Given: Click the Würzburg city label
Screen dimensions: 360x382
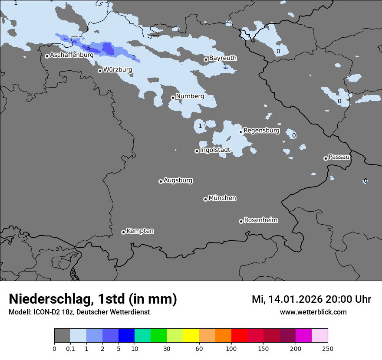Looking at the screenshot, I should click(117, 69).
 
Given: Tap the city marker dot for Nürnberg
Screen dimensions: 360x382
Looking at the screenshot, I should click(173, 98).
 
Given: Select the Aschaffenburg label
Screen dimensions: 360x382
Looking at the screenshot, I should click(72, 55).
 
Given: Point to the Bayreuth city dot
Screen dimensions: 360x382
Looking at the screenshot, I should click(206, 59).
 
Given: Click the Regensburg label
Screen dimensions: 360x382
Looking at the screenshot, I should click(261, 130).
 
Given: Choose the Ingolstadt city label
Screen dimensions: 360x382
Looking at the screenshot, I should click(215, 150).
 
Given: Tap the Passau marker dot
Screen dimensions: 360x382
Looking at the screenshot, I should click(326, 158).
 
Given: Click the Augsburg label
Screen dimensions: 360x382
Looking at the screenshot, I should click(178, 180).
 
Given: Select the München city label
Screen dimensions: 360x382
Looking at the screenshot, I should click(222, 198).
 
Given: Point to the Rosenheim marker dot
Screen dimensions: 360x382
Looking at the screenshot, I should click(241, 221).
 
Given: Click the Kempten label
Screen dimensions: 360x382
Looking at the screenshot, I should click(140, 231).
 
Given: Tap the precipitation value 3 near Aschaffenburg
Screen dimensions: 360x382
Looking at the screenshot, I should click(88, 48).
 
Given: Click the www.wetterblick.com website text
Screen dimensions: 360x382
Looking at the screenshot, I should click(313, 312).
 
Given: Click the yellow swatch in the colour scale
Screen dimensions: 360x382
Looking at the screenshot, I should click(191, 336).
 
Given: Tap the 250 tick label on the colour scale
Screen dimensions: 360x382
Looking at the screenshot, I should click(328, 348).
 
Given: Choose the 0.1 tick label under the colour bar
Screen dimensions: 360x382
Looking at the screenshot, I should click(70, 348).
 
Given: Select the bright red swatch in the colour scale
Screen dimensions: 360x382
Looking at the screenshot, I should click(239, 336).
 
